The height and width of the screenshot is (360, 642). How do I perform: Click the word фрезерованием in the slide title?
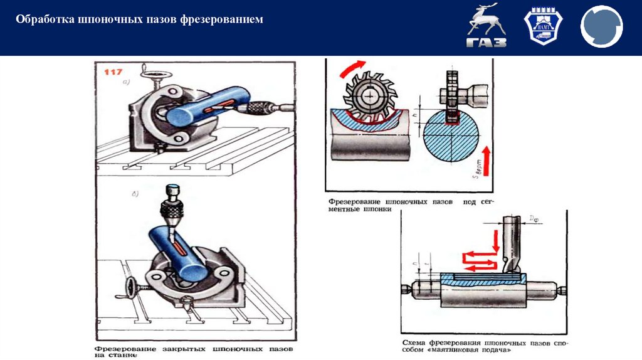click(x=221, y=20)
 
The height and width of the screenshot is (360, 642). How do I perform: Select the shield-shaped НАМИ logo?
click(x=539, y=28)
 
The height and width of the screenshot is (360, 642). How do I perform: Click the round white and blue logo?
click(x=601, y=28)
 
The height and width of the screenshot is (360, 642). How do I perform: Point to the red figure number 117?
click(x=113, y=73)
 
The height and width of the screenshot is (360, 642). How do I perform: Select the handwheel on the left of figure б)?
click(x=133, y=288)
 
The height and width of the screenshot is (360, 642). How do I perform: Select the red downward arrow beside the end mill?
click(x=495, y=241)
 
